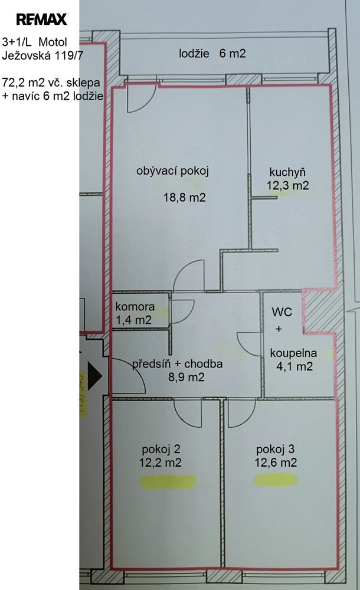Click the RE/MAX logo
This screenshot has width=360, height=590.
tap(42, 19)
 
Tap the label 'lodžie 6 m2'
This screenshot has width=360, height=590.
tap(212, 54)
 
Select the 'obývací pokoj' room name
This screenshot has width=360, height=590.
tap(172, 171)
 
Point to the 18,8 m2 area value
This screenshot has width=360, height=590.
tap(185, 197)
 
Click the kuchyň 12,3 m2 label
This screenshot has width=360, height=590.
tap(287, 179)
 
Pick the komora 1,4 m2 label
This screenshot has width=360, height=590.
tap(135, 313)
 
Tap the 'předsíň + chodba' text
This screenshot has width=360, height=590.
tap(177, 364)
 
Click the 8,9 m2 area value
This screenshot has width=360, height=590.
tap(186, 376)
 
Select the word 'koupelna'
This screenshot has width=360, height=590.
tap(293, 353)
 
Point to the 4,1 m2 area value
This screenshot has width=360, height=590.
tap(294, 366)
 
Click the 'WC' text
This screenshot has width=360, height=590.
tap(282, 312)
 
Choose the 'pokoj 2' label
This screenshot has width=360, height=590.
tap(161, 449)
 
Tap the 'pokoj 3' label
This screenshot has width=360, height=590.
tap(275, 449)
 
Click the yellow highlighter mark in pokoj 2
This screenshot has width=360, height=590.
tap(168, 482)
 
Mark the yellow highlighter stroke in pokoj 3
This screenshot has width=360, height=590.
tap(276, 480)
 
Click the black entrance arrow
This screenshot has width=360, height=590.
tap(94, 375)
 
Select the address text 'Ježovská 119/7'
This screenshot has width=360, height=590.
tap(42, 55)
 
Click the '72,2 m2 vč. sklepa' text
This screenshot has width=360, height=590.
tap(51, 83)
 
